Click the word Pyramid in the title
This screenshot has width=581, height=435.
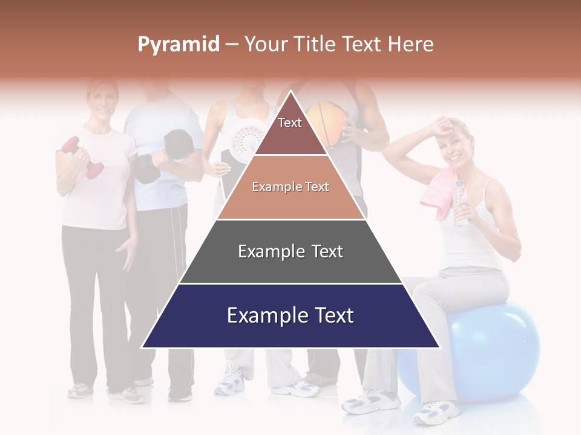click(179, 44)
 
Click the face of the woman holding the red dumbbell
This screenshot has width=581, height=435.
click(100, 100)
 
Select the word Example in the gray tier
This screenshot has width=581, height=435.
click(268, 251)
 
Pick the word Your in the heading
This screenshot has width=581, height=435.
click(266, 44)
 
